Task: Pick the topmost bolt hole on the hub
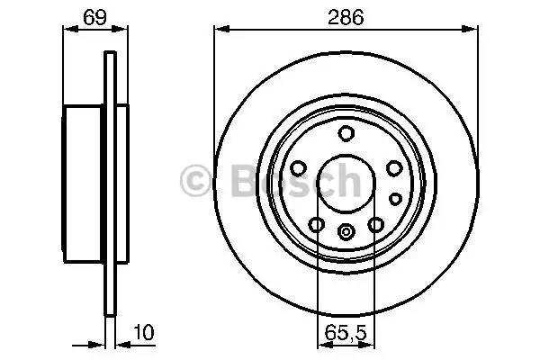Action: point(346,135)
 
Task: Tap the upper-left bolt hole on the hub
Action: point(300,168)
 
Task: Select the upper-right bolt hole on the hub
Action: point(392,168)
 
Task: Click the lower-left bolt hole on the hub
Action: point(317,225)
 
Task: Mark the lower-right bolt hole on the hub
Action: point(374,225)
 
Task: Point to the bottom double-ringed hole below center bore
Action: point(346,232)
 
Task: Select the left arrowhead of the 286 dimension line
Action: point(219,29)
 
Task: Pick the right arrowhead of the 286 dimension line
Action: point(472,29)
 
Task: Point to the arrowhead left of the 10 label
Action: point(101,343)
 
